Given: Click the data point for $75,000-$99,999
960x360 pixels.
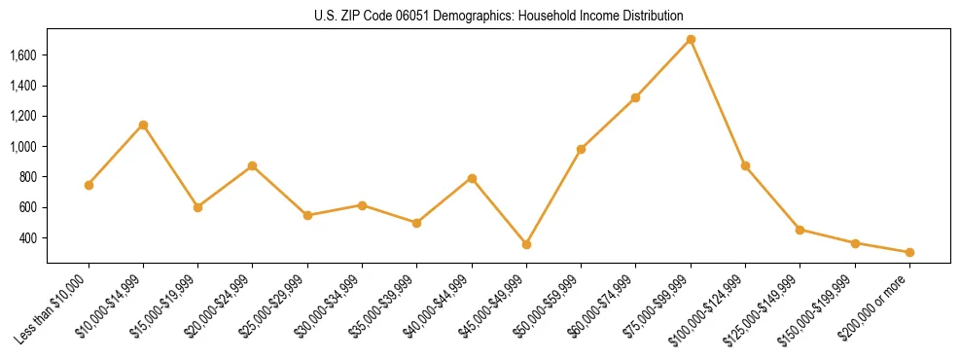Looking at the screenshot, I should click(691, 39).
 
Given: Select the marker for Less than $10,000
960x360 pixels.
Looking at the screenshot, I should click(89, 185).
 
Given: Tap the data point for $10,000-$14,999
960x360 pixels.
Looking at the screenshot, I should click(143, 125).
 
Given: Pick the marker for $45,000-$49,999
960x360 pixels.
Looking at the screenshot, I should click(526, 244).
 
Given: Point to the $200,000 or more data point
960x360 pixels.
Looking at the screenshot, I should click(909, 252).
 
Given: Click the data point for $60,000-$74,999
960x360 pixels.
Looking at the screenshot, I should click(635, 97).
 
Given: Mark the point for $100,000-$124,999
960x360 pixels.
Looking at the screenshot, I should click(745, 165).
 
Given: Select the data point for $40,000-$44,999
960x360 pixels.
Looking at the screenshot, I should click(472, 178).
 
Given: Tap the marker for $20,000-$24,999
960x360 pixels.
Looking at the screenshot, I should click(253, 165).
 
